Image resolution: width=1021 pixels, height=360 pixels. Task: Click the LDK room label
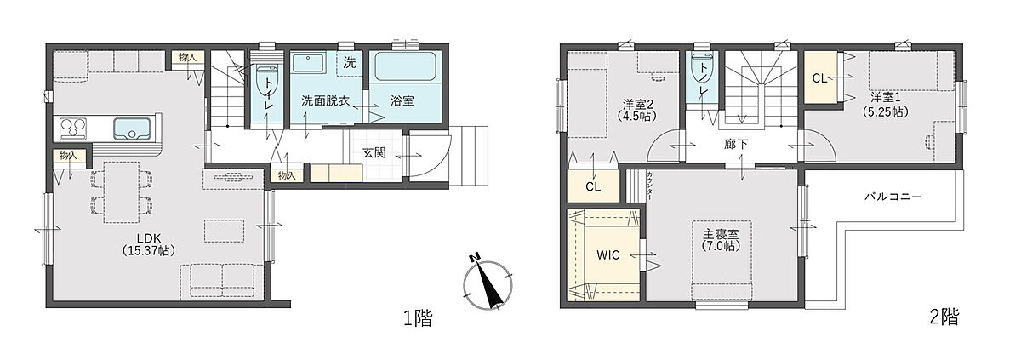point(149,243)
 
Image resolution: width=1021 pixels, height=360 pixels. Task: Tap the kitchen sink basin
point(132,128)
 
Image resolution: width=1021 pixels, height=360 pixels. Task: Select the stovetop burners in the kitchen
point(73,128)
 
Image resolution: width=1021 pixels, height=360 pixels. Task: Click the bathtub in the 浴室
point(405,66)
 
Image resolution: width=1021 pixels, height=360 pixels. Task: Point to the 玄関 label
point(374,152)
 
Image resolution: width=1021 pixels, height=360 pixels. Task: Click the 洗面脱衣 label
point(325,100)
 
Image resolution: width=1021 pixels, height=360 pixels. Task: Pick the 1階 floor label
point(418,318)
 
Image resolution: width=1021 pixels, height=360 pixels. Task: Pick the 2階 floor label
point(944,317)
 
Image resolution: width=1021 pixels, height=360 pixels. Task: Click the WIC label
point(608,254)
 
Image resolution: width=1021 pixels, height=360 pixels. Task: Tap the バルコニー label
point(893,197)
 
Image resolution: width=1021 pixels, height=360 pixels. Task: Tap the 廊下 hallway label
point(736,145)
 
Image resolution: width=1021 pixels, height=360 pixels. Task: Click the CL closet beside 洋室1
point(820,77)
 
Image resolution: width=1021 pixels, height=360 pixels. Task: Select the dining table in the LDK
point(121,191)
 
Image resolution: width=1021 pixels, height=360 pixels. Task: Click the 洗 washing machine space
point(350,63)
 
